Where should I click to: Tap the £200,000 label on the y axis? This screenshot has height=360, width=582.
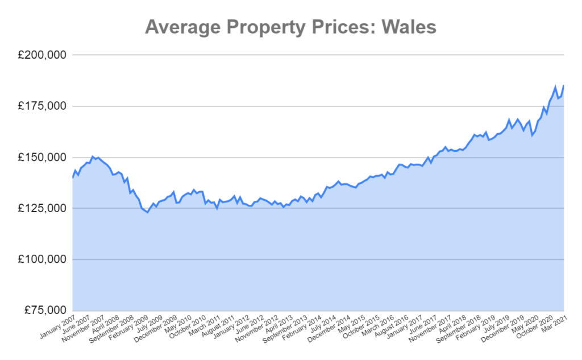click(x=42, y=55)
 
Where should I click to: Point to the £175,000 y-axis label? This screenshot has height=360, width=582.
click(x=42, y=106)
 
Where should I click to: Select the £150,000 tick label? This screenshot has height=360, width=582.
click(x=42, y=158)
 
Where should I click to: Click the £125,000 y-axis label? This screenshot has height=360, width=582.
click(x=42, y=209)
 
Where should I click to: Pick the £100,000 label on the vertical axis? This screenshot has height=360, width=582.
click(x=42, y=260)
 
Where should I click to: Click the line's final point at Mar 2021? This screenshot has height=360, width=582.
click(x=563, y=86)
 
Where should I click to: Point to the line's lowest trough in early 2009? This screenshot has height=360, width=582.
click(x=147, y=212)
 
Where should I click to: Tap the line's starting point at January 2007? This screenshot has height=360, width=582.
click(x=73, y=177)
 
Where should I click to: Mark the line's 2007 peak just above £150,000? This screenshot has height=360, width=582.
click(x=93, y=156)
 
